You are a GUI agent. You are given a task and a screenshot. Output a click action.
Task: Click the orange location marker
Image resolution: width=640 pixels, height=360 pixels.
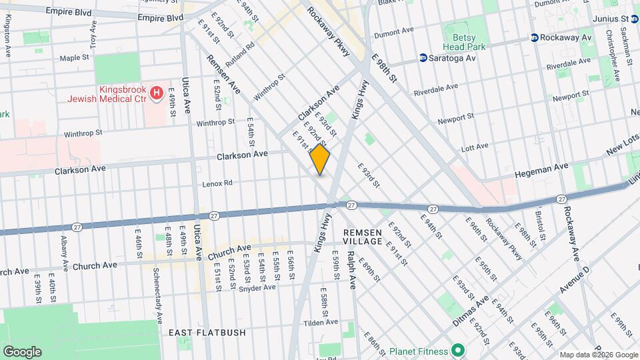click(x=320, y=160)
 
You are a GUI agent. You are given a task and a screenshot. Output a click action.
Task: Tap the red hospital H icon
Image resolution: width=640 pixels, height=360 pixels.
click(x=157, y=93)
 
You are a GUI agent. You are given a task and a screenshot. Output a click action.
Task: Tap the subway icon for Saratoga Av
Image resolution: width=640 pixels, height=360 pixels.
click(x=423, y=58)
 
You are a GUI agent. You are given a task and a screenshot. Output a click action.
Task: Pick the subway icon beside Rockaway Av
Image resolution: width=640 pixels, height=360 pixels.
click(x=534, y=37)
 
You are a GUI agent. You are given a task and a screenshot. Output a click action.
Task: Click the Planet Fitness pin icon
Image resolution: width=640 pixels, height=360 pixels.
click(x=457, y=350)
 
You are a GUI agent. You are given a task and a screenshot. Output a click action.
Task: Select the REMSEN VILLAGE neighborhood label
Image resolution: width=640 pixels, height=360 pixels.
click(x=363, y=237)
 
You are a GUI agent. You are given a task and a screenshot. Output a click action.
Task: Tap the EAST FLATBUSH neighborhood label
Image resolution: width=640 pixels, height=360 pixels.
click(x=207, y=333)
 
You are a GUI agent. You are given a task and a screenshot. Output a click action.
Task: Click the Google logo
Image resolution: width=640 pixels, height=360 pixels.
click(x=22, y=351)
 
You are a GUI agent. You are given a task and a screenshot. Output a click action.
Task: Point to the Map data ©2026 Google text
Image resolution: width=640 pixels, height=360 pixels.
click(x=598, y=354)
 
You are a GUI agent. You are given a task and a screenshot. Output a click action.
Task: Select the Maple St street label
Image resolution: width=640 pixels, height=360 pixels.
click(x=74, y=58)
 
